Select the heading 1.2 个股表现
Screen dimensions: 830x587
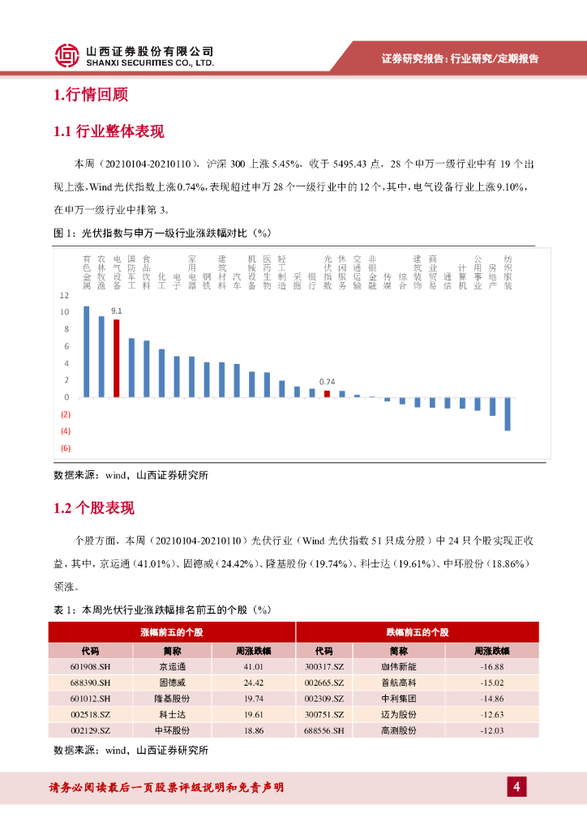pyautogui.click(x=94, y=508)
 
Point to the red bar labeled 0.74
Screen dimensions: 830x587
pyautogui.click(x=327, y=393)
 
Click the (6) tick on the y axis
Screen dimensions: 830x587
pyautogui.click(x=66, y=448)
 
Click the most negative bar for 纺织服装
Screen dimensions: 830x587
pyautogui.click(x=508, y=413)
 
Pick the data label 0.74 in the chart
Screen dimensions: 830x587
pyautogui.click(x=327, y=381)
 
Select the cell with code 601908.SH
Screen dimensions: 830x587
pyautogui.click(x=90, y=666)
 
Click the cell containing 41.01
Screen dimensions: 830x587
pyautogui.click(x=254, y=666)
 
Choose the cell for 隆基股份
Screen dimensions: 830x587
pyautogui.click(x=172, y=698)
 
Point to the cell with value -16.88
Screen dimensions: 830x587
pyautogui.click(x=491, y=666)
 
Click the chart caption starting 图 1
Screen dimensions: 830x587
pyautogui.click(x=161, y=233)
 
